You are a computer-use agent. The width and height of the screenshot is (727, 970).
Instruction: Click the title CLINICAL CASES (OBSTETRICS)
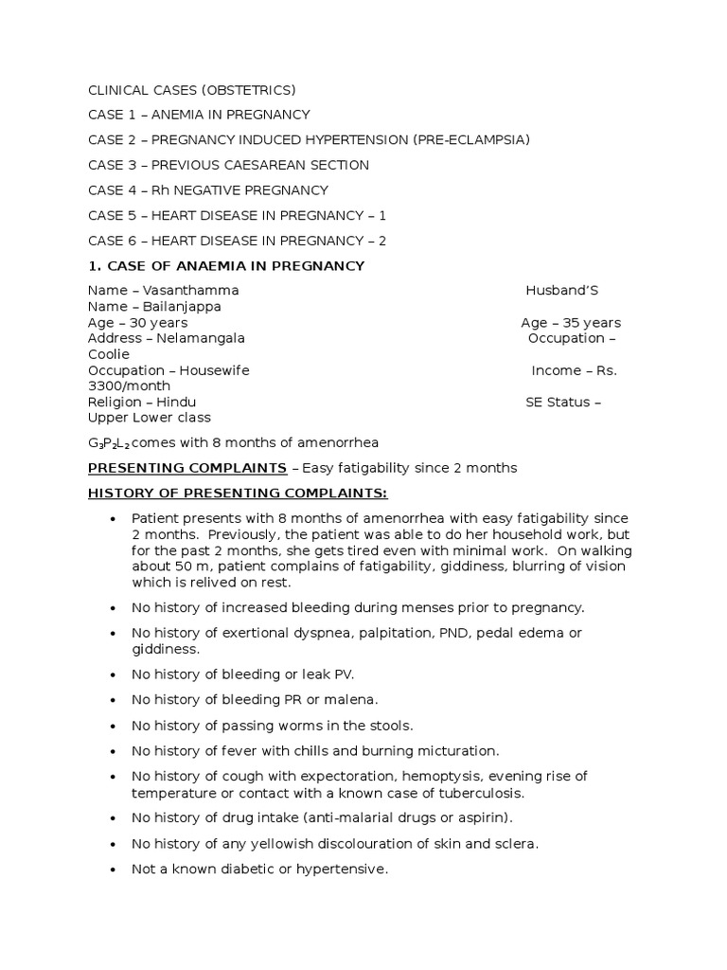(192, 91)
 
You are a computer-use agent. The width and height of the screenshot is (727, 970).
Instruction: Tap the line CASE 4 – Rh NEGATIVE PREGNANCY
(208, 190)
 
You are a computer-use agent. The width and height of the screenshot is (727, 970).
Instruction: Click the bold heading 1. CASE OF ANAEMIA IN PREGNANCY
(226, 266)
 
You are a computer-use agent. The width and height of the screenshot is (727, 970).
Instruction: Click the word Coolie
(109, 354)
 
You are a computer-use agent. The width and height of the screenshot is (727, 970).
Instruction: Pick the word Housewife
(214, 370)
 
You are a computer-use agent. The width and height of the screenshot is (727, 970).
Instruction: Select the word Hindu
(176, 402)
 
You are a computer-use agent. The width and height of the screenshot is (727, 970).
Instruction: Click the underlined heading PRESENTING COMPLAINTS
(187, 468)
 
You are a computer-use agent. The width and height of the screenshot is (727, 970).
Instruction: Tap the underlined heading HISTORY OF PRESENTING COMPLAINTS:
(238, 494)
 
